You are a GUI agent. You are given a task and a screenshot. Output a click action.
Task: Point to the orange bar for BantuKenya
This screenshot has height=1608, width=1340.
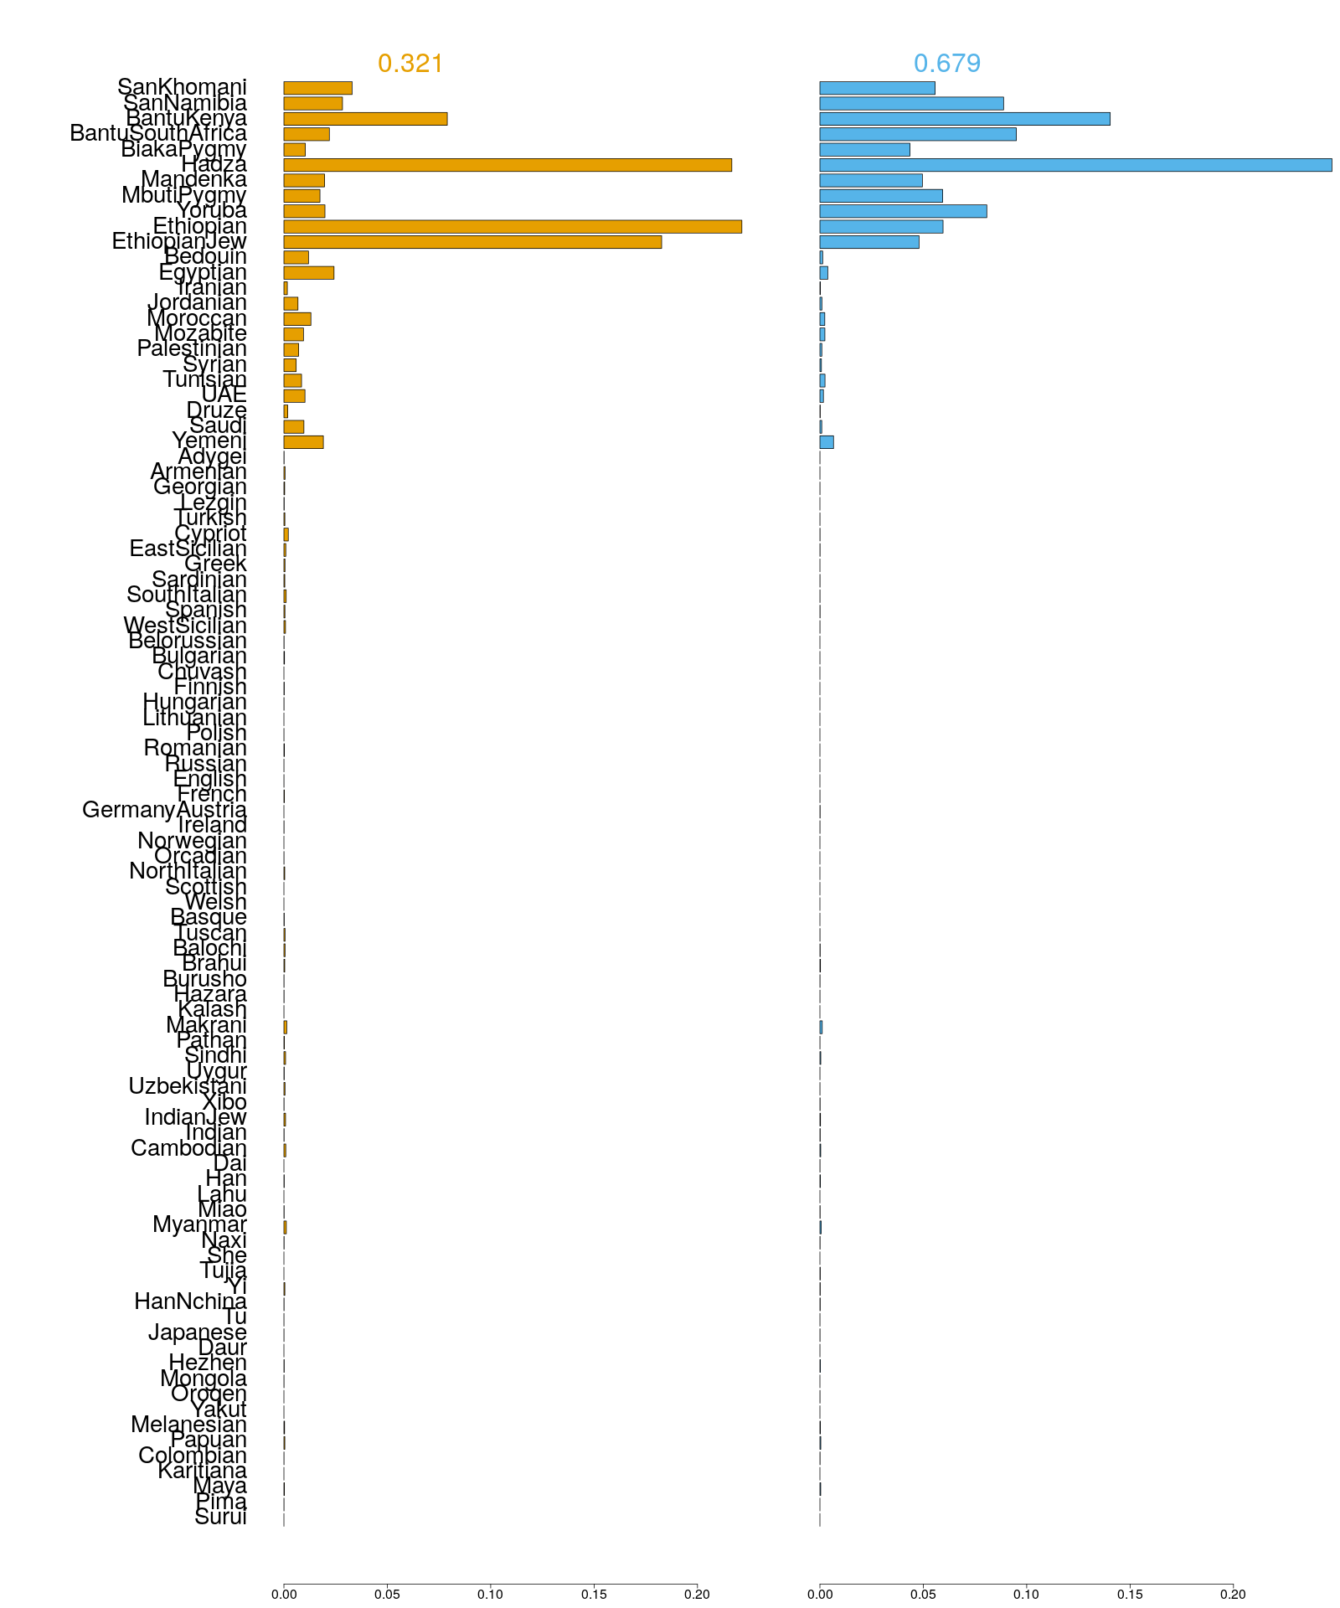point(365,119)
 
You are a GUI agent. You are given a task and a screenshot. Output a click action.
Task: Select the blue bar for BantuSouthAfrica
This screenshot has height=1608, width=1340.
point(918,134)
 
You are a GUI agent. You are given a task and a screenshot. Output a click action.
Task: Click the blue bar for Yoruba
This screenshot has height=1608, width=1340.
point(903,211)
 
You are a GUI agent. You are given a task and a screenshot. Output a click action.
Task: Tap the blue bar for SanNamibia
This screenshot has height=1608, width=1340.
point(911,104)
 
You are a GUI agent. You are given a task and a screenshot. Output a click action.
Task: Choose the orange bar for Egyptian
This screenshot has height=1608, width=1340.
point(308,273)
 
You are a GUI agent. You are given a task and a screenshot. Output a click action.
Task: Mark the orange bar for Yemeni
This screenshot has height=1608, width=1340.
point(303,442)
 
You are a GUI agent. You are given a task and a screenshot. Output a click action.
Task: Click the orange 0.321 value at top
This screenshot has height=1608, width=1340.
point(410,64)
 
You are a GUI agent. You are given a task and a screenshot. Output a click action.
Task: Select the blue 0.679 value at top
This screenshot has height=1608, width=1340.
point(947,64)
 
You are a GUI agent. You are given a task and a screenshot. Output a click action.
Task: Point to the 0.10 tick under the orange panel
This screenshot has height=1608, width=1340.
point(491,1594)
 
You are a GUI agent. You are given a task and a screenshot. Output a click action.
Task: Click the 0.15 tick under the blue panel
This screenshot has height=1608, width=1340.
point(1130,1594)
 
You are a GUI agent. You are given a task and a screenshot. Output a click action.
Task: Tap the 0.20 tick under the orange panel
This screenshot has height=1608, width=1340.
point(697,1594)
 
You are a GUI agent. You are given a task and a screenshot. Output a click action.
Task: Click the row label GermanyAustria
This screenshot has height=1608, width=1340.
point(164,810)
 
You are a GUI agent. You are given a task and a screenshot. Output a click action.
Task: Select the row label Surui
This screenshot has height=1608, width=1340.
point(220,1518)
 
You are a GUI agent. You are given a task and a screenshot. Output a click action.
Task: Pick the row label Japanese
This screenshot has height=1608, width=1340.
point(198,1332)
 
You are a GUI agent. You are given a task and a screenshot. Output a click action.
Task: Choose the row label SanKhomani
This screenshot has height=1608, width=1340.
point(182,87)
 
